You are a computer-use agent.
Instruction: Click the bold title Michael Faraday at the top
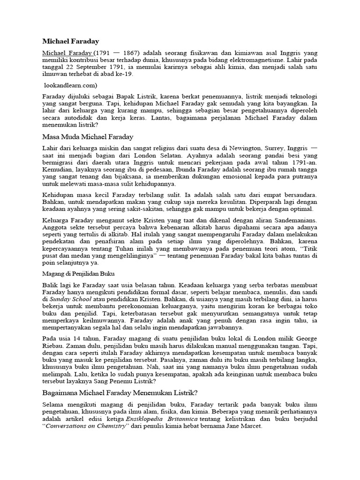(71, 42)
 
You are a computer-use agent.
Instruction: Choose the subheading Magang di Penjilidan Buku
(79, 273)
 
